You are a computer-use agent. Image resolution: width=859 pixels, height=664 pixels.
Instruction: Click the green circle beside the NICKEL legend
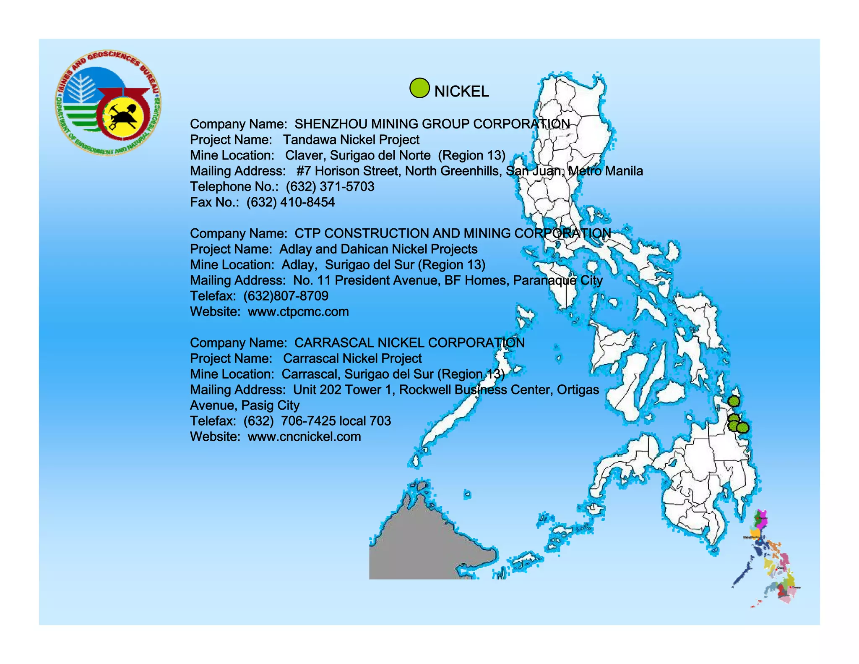coord(419,88)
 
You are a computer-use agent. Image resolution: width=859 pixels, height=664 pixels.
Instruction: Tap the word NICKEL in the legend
coord(461,91)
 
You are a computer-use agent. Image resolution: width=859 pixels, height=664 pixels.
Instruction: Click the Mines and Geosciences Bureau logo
coord(108,103)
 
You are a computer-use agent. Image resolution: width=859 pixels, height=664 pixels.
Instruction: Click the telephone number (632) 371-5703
coord(330,187)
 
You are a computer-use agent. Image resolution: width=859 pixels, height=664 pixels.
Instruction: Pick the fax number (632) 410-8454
coord(291,202)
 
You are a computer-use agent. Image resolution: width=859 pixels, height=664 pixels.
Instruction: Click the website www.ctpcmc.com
coord(298,312)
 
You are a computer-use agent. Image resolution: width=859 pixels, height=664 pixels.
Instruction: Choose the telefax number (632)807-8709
coord(286,296)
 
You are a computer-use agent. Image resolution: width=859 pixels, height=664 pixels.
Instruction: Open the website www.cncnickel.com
coord(304,437)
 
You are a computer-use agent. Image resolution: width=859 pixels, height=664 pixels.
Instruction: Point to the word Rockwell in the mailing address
coord(425,390)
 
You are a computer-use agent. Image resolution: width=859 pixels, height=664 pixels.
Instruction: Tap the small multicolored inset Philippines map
coord(767,558)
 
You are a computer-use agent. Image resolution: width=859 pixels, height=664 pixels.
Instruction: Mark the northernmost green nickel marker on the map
coord(734,401)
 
